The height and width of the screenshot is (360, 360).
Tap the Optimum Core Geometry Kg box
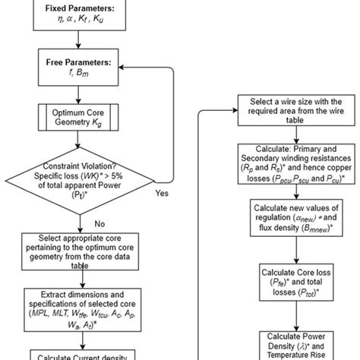(x=83, y=119)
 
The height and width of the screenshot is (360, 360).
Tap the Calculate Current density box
(x=83, y=353)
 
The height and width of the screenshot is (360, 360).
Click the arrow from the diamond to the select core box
(x=83, y=223)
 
